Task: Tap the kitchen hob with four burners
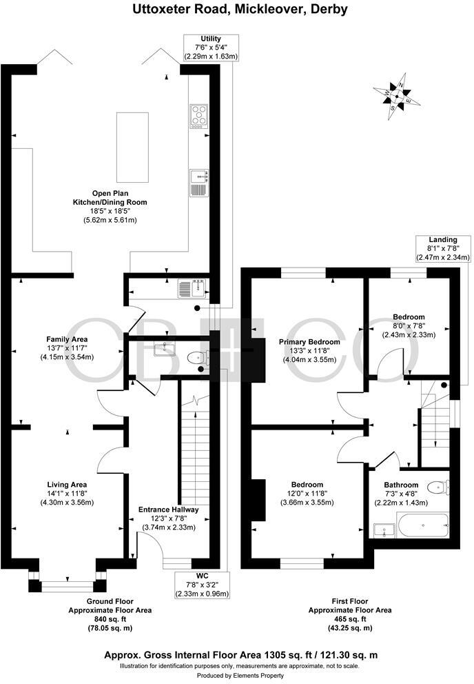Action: pyautogui.click(x=198, y=116)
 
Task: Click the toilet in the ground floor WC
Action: pyautogui.click(x=198, y=357)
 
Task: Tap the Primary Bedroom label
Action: pyautogui.click(x=309, y=342)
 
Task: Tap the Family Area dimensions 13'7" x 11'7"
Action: pyautogui.click(x=66, y=348)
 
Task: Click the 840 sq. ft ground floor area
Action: pyautogui.click(x=110, y=619)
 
